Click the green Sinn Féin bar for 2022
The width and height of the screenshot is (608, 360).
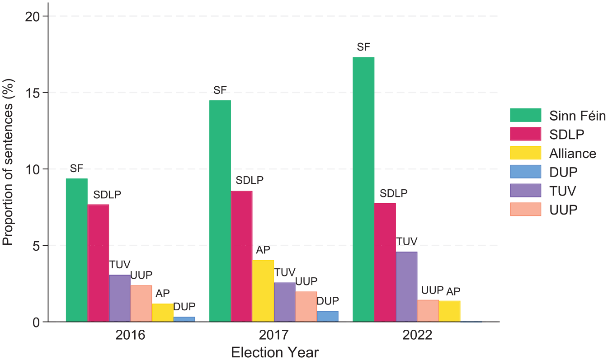(x=363, y=189)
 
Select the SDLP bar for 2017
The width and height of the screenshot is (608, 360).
(x=241, y=257)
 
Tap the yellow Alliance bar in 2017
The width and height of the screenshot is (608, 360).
(x=263, y=291)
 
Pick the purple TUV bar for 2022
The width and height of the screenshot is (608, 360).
(x=406, y=287)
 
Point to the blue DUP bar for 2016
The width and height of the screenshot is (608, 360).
(x=184, y=319)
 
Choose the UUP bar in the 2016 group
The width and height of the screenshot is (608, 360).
(x=141, y=304)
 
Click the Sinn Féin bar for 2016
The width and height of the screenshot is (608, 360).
(x=77, y=250)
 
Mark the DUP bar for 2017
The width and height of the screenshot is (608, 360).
(x=328, y=316)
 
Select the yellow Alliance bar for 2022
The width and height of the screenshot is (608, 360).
(x=449, y=311)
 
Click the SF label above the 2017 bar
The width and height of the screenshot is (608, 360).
(x=220, y=90)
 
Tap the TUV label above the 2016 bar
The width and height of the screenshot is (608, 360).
(x=120, y=265)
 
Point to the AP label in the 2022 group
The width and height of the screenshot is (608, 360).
(x=453, y=292)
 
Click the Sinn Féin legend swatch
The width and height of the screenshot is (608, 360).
(x=525, y=115)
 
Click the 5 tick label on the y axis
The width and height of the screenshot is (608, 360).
(x=36, y=246)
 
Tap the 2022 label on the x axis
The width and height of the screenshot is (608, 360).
(x=417, y=335)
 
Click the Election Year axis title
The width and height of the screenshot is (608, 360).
(x=275, y=352)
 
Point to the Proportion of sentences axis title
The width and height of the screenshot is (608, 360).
(x=8, y=162)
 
